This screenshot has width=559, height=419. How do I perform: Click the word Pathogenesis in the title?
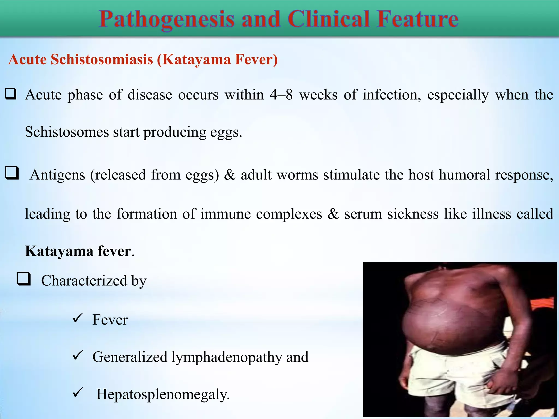coord(166,19)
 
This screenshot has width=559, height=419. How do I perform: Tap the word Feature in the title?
coord(417,19)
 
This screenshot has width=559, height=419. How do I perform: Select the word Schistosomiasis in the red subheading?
coord(102,59)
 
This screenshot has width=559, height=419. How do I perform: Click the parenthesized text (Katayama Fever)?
coord(217,59)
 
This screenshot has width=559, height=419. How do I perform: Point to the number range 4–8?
coord(281,95)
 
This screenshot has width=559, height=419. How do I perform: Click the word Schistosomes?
coord(67,132)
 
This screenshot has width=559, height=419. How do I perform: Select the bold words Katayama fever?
coord(78,251)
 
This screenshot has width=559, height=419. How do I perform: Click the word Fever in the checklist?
coord(110,320)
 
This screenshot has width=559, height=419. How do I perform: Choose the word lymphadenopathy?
coord(226,357)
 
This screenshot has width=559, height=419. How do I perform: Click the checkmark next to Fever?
coord(78,318)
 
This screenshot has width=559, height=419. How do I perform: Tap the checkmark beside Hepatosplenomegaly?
coord(78,393)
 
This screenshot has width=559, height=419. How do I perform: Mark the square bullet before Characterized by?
coord(24,279)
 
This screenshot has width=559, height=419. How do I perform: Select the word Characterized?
coord(84,281)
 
